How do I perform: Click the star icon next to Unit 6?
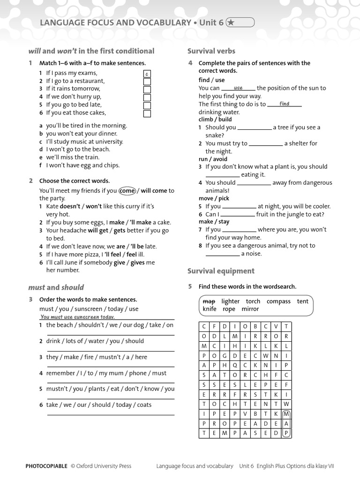(231, 22)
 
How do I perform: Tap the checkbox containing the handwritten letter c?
(147, 74)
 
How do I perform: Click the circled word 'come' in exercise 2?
(127, 191)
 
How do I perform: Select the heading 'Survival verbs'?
(211, 51)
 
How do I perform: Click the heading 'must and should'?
(56, 287)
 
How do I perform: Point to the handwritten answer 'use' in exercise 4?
(238, 88)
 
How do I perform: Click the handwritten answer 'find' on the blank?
(285, 104)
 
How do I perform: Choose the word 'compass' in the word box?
(278, 301)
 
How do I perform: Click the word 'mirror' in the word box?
(250, 309)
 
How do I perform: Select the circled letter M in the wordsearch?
(286, 413)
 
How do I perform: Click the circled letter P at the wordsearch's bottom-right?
(286, 434)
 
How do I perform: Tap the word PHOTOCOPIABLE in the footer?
(46, 466)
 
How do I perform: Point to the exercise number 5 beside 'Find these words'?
(190, 286)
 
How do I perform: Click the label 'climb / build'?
(215, 120)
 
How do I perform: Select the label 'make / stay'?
(214, 222)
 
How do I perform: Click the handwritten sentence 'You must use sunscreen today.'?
(77, 317)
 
